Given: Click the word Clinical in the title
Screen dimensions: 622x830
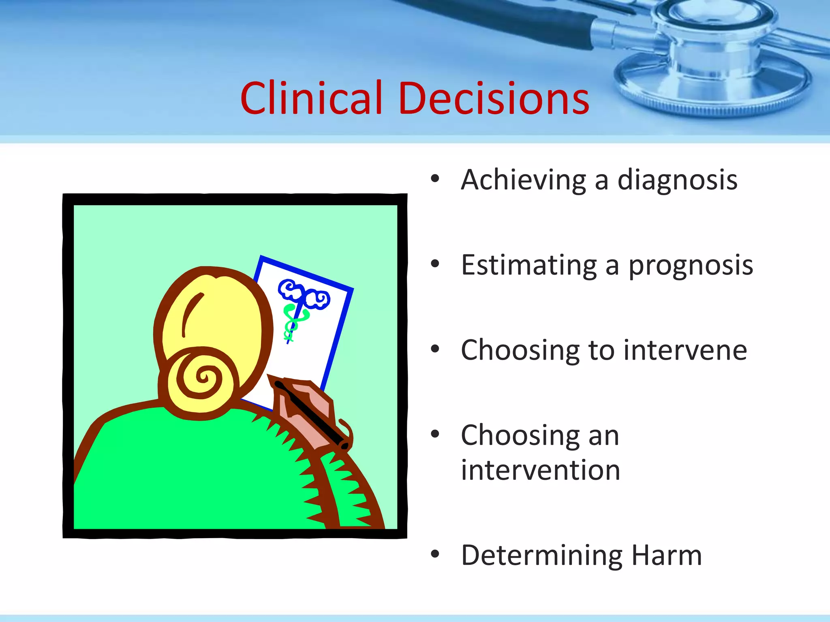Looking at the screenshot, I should [311, 98].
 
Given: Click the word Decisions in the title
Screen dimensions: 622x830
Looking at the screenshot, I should [494, 98].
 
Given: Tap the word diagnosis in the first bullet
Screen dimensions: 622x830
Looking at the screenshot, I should [677, 180].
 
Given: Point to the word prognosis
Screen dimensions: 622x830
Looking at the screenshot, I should [691, 266].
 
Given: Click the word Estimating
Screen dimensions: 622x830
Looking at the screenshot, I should [529, 265].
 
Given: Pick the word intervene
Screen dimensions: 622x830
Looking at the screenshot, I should [685, 350].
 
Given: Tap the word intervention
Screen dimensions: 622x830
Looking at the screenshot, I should [541, 470].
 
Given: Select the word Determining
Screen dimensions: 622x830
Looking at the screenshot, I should [541, 556].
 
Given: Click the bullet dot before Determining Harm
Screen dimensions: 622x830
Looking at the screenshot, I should [435, 554].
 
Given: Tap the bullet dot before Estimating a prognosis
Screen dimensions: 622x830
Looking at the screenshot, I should [435, 264].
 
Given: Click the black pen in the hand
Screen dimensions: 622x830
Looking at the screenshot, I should [312, 415].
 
